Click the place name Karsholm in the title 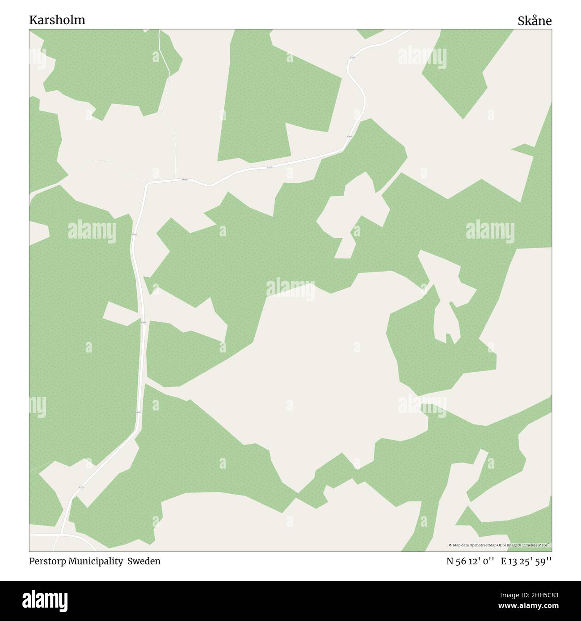(57, 20)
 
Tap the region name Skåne (535, 21)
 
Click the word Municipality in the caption (95, 561)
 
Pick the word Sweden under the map (144, 561)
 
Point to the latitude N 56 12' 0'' (470, 562)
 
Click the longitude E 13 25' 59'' (526, 562)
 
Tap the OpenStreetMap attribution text (500, 545)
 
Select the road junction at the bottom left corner (60, 534)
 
